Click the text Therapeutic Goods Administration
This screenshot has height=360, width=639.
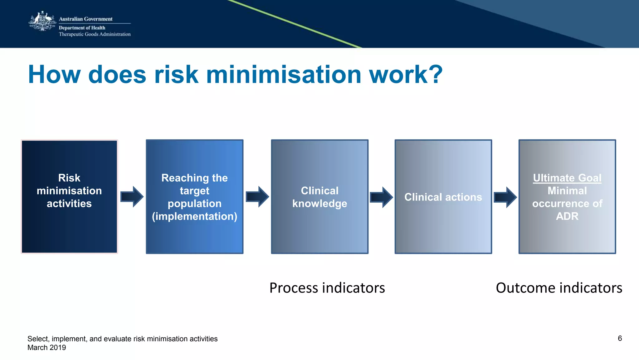coord(95,34)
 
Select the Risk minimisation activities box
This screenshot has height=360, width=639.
coord(69,196)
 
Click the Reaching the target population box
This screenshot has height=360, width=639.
coord(194,196)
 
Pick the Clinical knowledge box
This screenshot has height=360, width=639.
coord(319,196)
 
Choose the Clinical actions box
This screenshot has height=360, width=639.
coord(443,196)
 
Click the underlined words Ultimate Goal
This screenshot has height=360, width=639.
coord(567,178)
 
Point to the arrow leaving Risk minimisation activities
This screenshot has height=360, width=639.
coord(132,197)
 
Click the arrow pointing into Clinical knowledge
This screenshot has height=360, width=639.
coord(257,197)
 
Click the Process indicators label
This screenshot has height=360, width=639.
coord(327,288)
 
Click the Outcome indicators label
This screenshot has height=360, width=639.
coord(559,288)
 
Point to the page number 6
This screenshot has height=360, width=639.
coord(620,338)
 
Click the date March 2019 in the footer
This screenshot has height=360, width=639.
coord(47,348)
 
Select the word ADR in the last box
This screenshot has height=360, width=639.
coord(567,216)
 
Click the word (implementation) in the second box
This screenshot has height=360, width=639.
coord(194,216)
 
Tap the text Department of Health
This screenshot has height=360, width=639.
coord(82,28)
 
